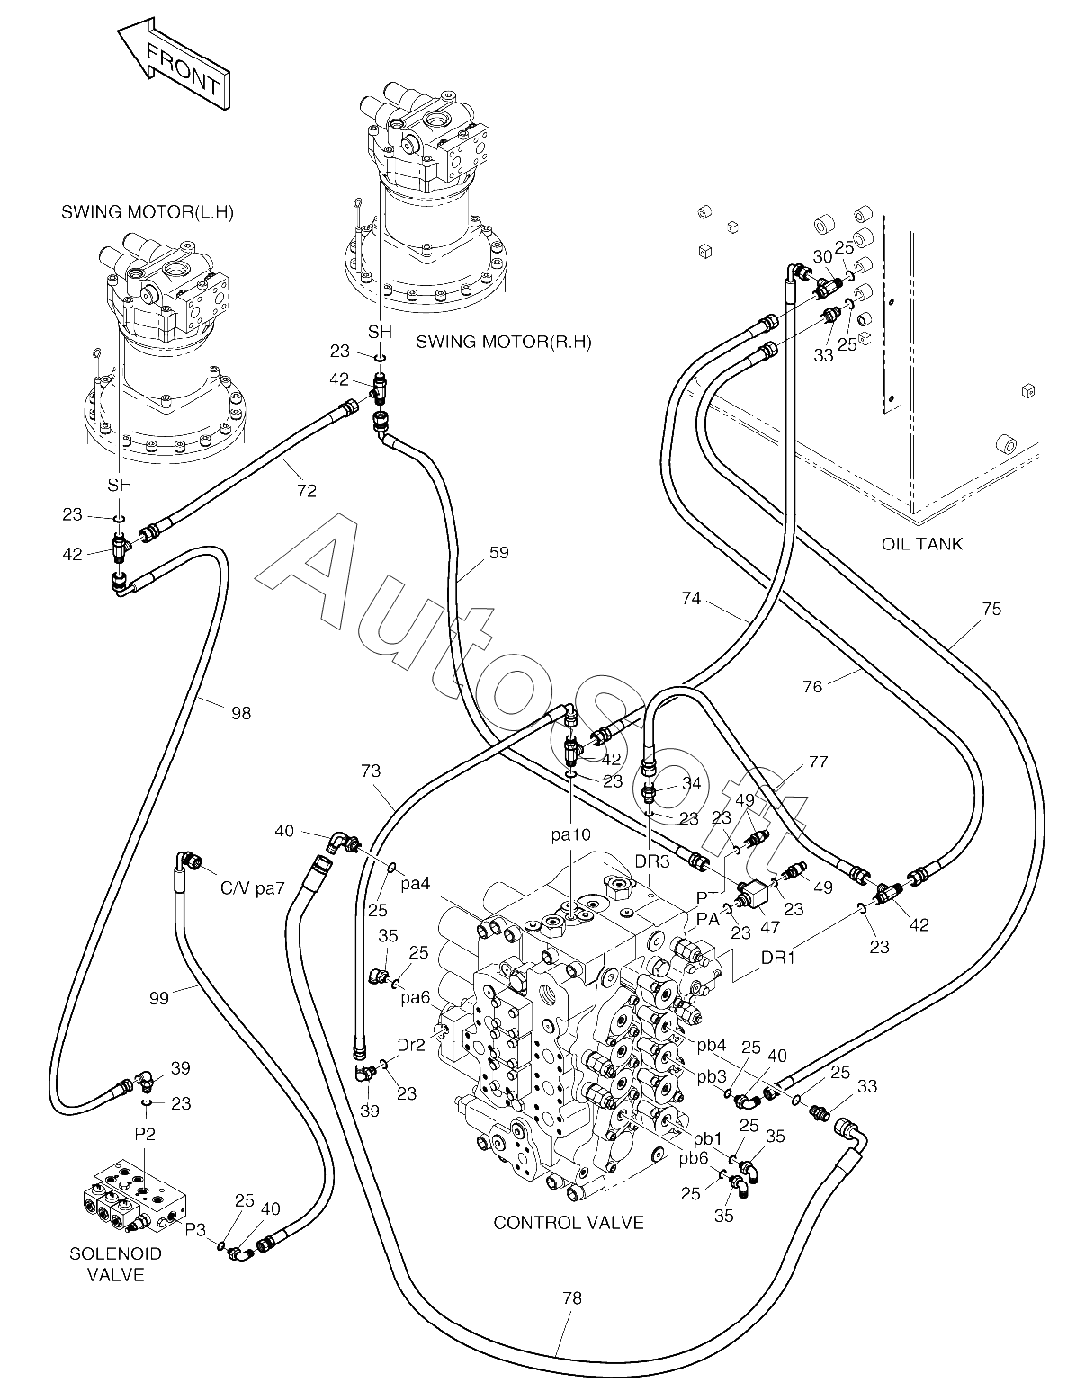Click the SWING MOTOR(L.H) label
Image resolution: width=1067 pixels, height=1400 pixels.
(x=148, y=212)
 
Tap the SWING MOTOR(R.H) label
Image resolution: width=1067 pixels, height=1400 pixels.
(x=504, y=342)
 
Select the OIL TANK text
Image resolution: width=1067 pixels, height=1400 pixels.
(x=921, y=544)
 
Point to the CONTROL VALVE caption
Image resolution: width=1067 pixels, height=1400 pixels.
(x=569, y=1222)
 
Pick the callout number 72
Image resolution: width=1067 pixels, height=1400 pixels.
(x=307, y=490)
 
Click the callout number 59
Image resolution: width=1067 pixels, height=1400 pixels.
(x=499, y=552)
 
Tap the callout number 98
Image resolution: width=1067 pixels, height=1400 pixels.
(x=241, y=713)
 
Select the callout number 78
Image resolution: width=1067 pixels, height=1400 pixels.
(x=572, y=1298)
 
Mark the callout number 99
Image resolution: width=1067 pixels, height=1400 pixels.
(x=159, y=998)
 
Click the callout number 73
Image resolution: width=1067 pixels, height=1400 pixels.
(x=371, y=771)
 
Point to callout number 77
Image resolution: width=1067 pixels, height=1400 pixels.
(x=818, y=762)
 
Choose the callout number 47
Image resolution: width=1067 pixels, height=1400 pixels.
(x=770, y=927)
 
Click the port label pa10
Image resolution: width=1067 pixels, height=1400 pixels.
(x=572, y=834)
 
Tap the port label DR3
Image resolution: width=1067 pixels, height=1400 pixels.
(x=651, y=861)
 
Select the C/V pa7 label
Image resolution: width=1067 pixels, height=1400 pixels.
(x=253, y=887)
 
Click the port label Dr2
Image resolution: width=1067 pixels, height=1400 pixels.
(x=411, y=1045)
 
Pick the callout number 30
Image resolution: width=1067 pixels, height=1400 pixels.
(x=822, y=256)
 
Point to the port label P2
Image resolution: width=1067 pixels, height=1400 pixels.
(x=145, y=1133)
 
